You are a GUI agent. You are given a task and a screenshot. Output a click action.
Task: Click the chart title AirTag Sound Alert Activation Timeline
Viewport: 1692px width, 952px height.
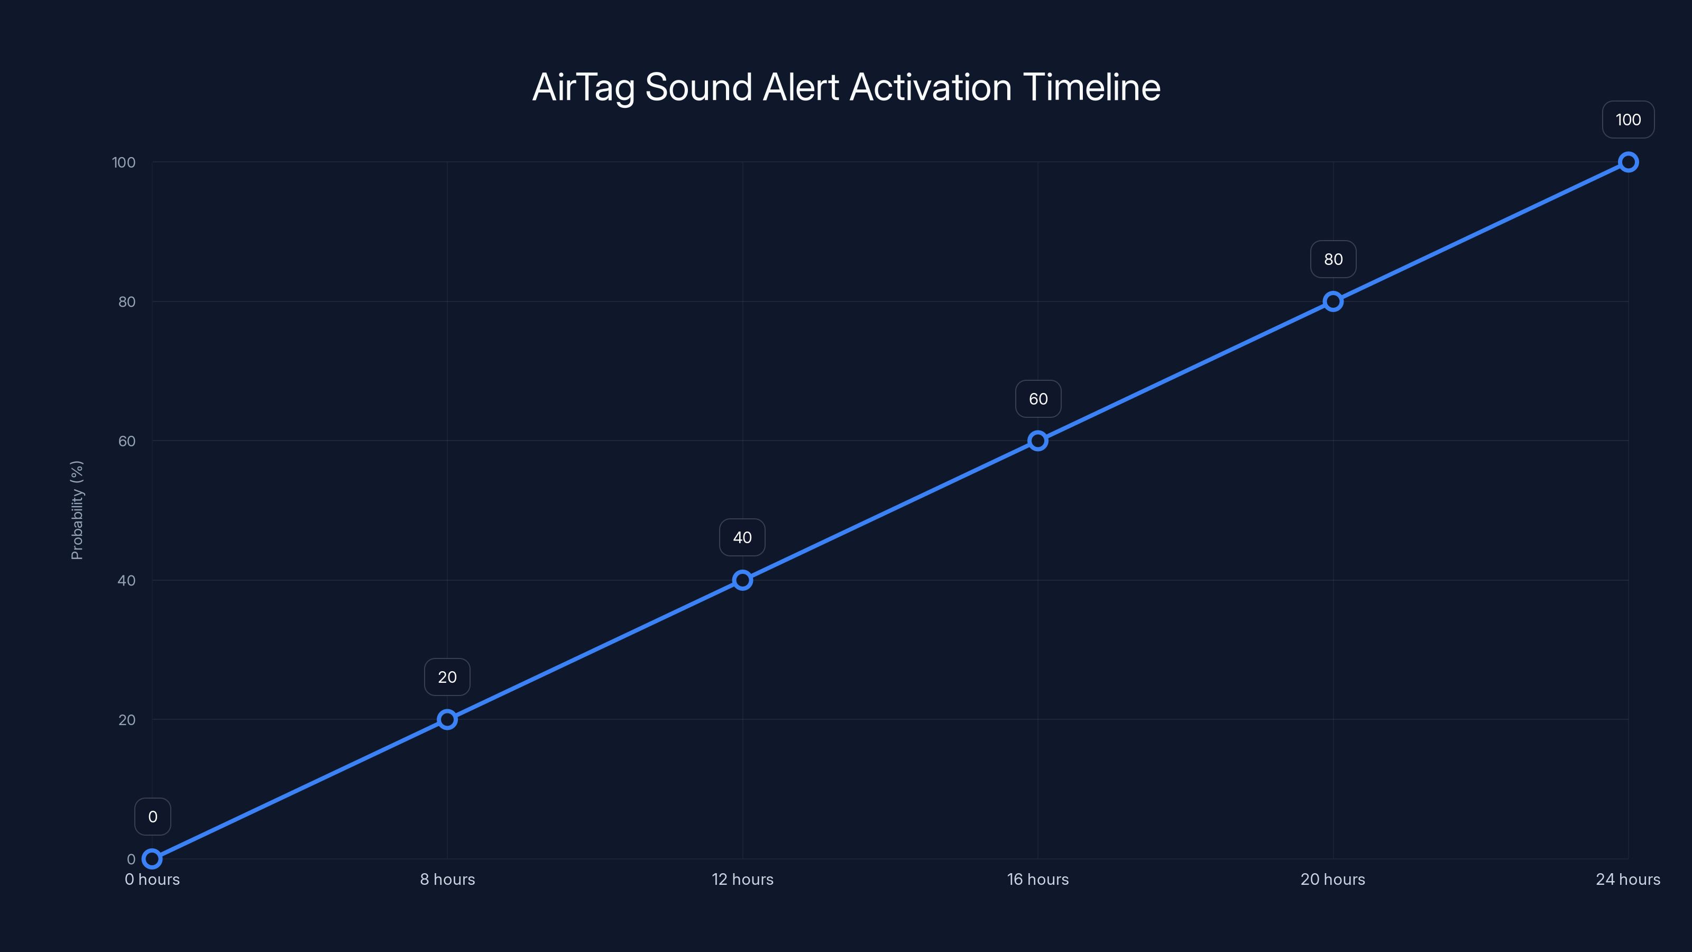846,87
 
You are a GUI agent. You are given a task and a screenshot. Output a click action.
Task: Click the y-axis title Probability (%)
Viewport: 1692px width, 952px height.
77,510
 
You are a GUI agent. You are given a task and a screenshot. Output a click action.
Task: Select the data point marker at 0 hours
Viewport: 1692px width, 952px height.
152,859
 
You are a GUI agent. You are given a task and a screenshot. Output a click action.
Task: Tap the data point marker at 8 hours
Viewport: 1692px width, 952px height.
447,719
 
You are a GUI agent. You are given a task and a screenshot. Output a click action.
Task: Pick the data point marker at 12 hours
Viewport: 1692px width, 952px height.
742,580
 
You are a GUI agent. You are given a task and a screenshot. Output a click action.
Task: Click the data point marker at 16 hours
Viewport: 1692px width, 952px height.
1038,441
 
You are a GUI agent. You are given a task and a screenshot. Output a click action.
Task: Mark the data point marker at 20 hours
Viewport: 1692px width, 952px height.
1332,301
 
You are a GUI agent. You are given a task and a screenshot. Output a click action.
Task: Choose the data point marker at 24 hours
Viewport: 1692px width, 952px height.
1627,162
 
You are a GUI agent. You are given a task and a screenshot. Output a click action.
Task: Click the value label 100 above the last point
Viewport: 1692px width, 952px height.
1627,120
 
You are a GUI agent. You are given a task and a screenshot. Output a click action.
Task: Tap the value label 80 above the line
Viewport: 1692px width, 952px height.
1332,260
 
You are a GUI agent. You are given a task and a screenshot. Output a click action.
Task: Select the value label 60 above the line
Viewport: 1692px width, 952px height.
1038,399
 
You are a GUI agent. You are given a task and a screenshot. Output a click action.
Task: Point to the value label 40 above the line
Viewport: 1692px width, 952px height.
742,537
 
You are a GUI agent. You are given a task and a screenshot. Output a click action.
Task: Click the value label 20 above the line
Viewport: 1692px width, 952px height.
447,678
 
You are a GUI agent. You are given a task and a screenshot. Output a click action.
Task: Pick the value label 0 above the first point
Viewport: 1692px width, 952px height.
152,817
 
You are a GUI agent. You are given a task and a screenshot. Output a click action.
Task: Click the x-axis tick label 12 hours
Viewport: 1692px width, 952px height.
742,879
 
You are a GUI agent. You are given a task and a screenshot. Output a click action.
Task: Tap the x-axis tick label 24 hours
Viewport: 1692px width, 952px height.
1627,879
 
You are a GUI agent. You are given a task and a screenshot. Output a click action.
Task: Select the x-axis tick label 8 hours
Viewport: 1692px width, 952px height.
447,879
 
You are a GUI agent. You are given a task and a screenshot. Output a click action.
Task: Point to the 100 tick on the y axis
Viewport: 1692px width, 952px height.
124,162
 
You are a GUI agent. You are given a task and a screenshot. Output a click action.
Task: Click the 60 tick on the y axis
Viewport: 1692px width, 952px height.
127,441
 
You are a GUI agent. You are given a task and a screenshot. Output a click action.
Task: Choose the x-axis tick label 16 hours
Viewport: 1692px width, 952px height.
1038,879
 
